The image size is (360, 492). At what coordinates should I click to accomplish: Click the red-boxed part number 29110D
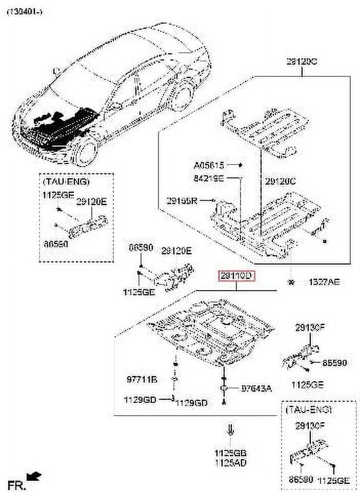tap(236, 277)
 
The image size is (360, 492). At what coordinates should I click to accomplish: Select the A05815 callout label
tap(209, 165)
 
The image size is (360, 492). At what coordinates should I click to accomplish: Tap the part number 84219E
tap(209, 179)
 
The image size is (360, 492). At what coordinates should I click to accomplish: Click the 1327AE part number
tap(323, 282)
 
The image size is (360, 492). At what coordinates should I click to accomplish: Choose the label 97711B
tap(142, 380)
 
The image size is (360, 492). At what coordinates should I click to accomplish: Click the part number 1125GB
tap(230, 453)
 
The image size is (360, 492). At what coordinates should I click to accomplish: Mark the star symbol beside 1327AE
tap(291, 282)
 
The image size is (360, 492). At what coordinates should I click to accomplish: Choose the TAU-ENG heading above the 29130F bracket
tap(309, 410)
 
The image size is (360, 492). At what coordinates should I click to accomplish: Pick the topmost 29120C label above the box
tap(302, 61)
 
